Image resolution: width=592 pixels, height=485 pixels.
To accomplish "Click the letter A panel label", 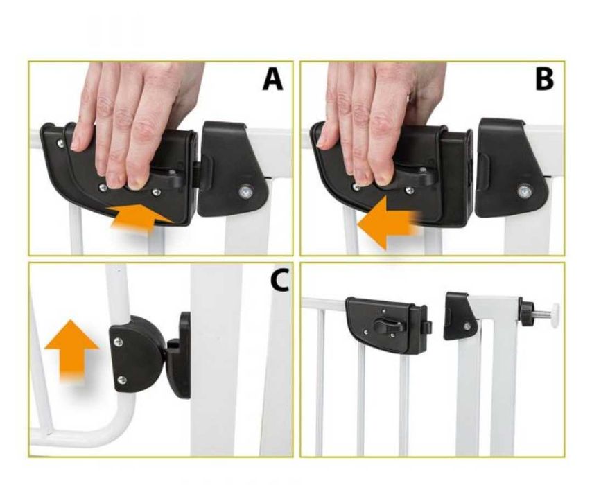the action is (272, 80).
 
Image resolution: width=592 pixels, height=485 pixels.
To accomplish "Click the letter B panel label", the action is (545, 80).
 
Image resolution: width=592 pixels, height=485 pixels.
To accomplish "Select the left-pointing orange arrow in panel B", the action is (389, 222).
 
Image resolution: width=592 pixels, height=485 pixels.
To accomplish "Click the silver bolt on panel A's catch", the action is (246, 192).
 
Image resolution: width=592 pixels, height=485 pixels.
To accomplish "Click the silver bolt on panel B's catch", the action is (525, 191).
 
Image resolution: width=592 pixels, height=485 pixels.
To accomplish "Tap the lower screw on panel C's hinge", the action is (121, 380).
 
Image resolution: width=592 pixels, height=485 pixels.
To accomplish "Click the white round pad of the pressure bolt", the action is (555, 314).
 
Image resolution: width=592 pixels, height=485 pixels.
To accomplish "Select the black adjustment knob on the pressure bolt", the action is (525, 312).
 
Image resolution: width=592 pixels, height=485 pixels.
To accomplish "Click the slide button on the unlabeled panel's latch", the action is (388, 325).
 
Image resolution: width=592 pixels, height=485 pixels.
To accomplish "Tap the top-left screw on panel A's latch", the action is (60, 143).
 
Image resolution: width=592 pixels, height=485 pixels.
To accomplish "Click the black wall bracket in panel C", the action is (181, 355).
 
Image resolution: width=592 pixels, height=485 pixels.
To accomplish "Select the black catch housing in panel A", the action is (234, 169).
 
